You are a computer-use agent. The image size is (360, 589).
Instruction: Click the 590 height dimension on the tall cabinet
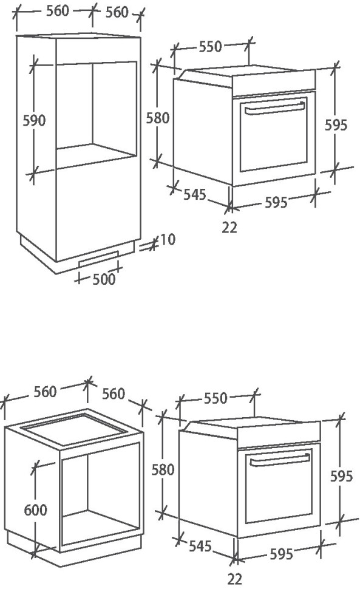pyautogui.click(x=34, y=120)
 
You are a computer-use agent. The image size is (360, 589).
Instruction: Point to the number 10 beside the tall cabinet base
pyautogui.click(x=167, y=240)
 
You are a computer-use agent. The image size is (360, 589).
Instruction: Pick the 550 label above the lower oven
pyautogui.click(x=216, y=398)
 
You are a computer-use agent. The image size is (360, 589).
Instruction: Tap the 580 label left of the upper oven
pyautogui.click(x=158, y=118)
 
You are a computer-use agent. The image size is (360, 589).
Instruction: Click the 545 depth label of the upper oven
pyautogui.click(x=195, y=195)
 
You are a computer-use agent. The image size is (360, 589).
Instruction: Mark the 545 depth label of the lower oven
pyautogui.click(x=201, y=546)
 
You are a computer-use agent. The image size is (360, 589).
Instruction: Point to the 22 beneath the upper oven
pyautogui.click(x=229, y=228)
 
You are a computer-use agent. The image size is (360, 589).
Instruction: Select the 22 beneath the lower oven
pyautogui.click(x=234, y=579)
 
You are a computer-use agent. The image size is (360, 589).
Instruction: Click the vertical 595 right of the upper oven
pyautogui.click(x=336, y=125)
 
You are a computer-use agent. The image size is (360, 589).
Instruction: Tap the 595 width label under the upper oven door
pyautogui.click(x=276, y=202)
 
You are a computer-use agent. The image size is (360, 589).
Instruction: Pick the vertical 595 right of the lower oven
pyautogui.click(x=341, y=476)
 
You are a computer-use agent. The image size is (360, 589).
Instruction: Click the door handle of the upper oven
pyautogui.click(x=273, y=108)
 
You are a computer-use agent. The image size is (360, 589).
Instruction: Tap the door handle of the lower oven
pyautogui.click(x=280, y=461)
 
